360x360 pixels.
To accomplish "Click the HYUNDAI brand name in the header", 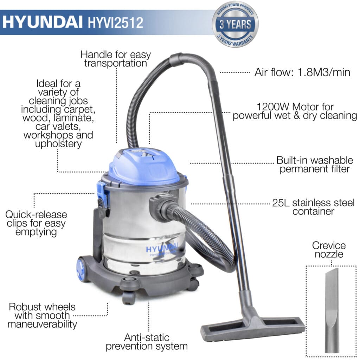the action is pyautogui.click(x=43, y=22).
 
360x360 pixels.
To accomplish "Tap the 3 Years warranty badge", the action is pyautogui.click(x=235, y=25).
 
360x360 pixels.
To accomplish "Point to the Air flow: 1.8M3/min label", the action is pyautogui.click(x=302, y=72).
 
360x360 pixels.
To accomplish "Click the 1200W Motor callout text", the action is pyautogui.click(x=295, y=111).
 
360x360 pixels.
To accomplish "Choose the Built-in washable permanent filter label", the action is pyautogui.click(x=315, y=165).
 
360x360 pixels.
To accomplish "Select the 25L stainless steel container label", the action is pyautogui.click(x=313, y=207).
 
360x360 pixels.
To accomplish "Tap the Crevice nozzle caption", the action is pyautogui.click(x=329, y=250).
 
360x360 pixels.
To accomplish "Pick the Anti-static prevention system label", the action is pyautogui.click(x=147, y=342).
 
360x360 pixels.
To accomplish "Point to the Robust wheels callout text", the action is pyautogui.click(x=42, y=315).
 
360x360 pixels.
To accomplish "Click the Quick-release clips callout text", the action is pyautogui.click(x=36, y=223).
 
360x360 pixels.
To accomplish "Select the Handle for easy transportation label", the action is pyautogui.click(x=116, y=59).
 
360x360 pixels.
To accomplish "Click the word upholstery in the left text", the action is pyautogui.click(x=58, y=144).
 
